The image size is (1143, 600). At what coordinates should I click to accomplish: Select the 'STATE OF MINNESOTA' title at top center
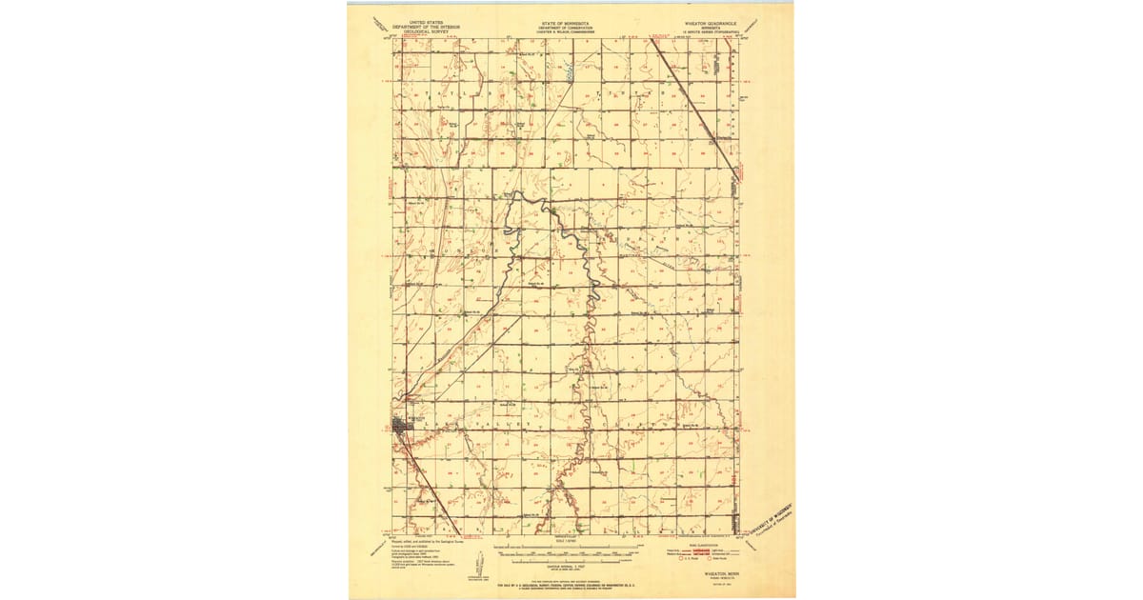565,20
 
